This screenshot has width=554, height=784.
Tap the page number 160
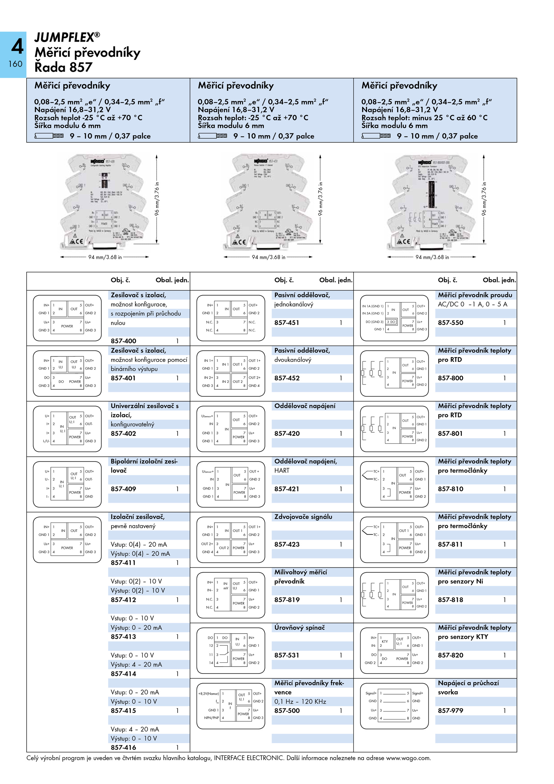point(15,64)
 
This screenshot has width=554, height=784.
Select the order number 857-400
point(123,341)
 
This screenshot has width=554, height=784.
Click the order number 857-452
point(287,378)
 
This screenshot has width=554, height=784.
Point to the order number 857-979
point(450,711)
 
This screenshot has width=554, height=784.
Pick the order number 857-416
point(123,748)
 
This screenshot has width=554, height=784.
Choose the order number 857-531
point(287,655)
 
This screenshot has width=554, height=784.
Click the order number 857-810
point(450,489)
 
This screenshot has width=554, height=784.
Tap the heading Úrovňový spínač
point(300,627)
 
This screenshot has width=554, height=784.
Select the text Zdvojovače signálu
point(303,517)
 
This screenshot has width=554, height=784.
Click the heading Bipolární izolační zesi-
point(144,461)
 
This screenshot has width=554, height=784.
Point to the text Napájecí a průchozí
point(468,683)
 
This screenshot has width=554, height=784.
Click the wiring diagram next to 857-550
point(394,318)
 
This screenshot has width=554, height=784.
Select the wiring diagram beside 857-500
point(231,706)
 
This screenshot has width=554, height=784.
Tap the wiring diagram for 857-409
point(67,484)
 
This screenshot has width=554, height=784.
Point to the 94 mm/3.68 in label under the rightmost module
point(432,257)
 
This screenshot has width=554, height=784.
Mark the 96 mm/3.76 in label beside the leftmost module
point(157,199)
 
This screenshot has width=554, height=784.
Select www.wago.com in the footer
point(408,758)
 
